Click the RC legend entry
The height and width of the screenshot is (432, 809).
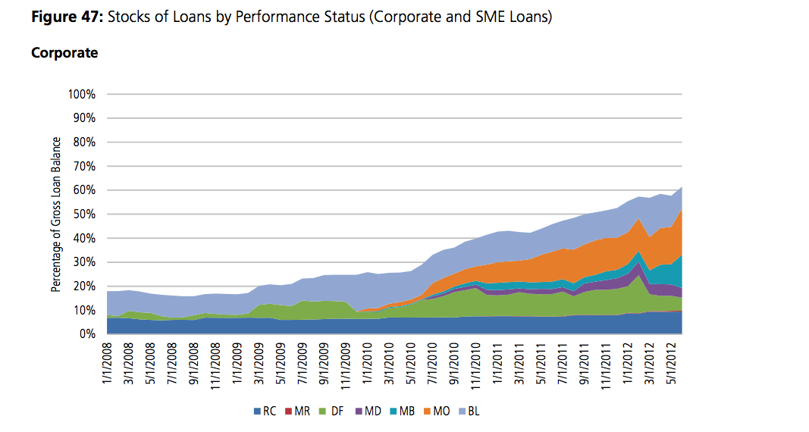pyautogui.click(x=264, y=412)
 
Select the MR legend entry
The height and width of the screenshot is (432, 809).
pyautogui.click(x=297, y=412)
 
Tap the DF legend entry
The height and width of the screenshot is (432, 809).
pyautogui.click(x=332, y=412)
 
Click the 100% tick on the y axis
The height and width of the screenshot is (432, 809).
pyautogui.click(x=82, y=94)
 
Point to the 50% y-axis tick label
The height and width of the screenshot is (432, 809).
pyautogui.click(x=84, y=214)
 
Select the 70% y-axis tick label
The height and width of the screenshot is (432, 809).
pyautogui.click(x=84, y=166)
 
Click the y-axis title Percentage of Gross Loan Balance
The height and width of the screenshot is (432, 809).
pyautogui.click(x=55, y=214)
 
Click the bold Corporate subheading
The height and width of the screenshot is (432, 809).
pyautogui.click(x=64, y=53)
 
